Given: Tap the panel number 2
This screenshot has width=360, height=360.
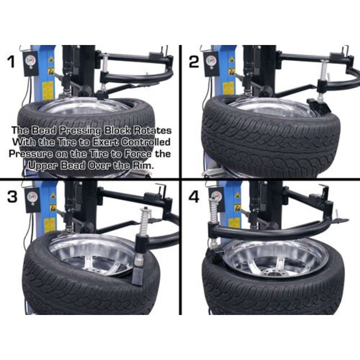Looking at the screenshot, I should (x=194, y=61).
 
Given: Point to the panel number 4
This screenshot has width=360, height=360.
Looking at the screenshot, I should (x=194, y=197).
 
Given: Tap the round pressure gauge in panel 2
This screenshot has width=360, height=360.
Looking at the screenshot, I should (x=210, y=60).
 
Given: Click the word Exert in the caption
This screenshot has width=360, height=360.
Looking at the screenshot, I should (x=102, y=142).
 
